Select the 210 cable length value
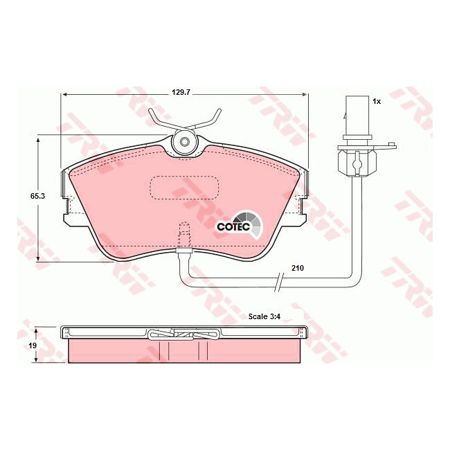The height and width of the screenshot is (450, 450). [298, 267]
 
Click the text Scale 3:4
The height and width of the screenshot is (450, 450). [267, 316]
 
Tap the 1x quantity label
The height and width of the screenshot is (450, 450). [377, 101]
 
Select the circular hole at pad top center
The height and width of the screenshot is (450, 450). [184, 143]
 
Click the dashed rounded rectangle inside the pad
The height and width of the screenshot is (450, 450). [184, 187]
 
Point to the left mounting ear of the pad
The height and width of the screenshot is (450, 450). [68, 208]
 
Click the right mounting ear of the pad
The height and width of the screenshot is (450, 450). [301, 208]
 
